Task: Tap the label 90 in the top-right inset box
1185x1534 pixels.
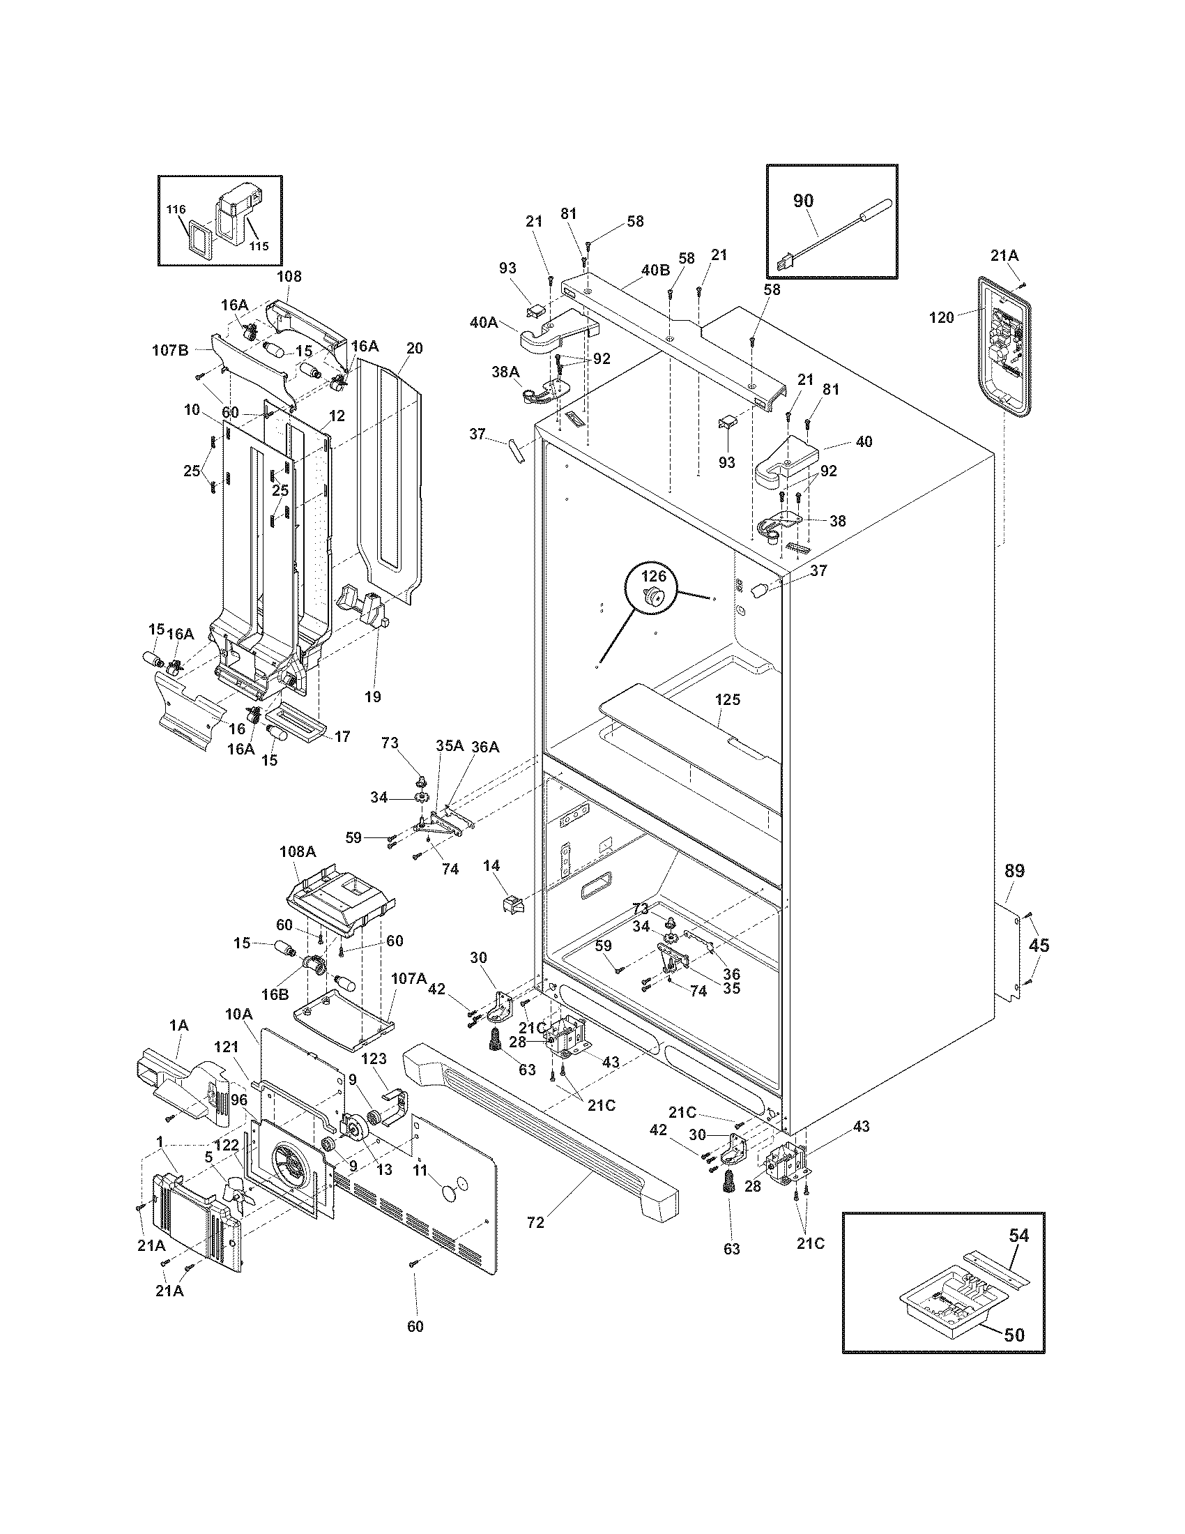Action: [x=803, y=201]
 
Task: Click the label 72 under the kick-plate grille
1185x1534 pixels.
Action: [x=535, y=1223]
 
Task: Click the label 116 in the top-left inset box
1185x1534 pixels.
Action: [x=176, y=209]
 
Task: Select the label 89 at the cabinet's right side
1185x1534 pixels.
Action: [x=1014, y=871]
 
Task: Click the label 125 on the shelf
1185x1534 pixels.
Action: [x=728, y=699]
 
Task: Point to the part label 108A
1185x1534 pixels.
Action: [x=298, y=851]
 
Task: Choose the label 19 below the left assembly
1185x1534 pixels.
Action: [x=373, y=696]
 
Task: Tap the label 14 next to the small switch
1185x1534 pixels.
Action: [x=491, y=866]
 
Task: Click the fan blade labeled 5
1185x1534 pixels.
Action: [x=235, y=1191]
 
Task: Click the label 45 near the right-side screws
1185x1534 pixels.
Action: [x=1039, y=946]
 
